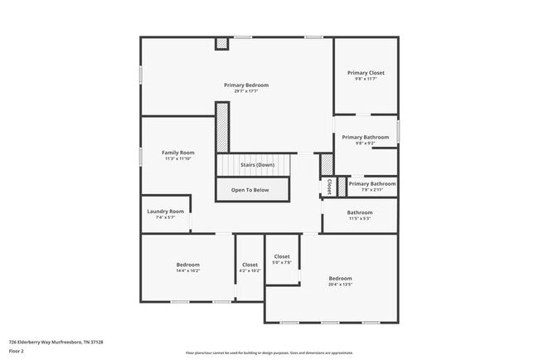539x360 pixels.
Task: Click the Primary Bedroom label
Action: coord(246,85)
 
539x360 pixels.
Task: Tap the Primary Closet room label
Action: coord(365,73)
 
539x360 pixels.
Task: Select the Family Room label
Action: coord(177,153)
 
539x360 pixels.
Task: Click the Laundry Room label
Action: coord(165,212)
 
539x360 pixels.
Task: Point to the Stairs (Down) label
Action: coord(257,165)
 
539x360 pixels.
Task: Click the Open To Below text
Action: coord(250,190)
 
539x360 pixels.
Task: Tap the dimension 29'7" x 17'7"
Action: coord(246,91)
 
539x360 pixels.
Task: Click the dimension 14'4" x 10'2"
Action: coord(187,270)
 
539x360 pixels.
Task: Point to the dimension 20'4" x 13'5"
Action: coord(340,285)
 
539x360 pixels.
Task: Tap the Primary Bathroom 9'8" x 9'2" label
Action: coord(365,137)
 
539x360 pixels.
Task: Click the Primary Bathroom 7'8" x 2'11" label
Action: coord(371,183)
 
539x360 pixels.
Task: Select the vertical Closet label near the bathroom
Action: coord(329,187)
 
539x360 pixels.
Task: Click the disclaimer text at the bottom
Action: coord(269,353)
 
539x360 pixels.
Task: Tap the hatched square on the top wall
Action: coord(221,43)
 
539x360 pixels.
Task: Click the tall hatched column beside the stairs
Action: coord(222,127)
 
